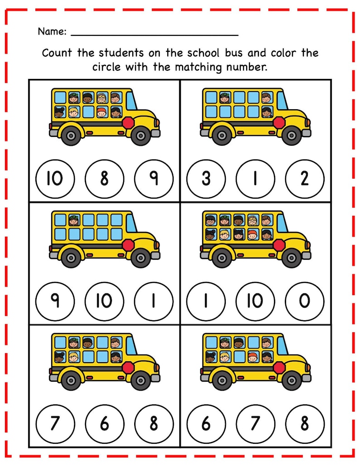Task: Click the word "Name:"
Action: point(52,32)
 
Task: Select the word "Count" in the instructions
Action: point(58,53)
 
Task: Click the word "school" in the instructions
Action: point(203,53)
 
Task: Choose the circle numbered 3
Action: point(206,179)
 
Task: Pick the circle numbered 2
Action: point(305,179)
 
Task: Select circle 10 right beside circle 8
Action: point(55,179)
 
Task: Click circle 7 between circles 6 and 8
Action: point(255,423)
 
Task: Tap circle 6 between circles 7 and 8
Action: point(104,423)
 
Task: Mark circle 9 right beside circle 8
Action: point(154,179)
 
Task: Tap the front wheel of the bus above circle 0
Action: point(290,257)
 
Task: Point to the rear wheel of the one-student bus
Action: point(71,257)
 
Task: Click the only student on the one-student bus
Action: point(74,220)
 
